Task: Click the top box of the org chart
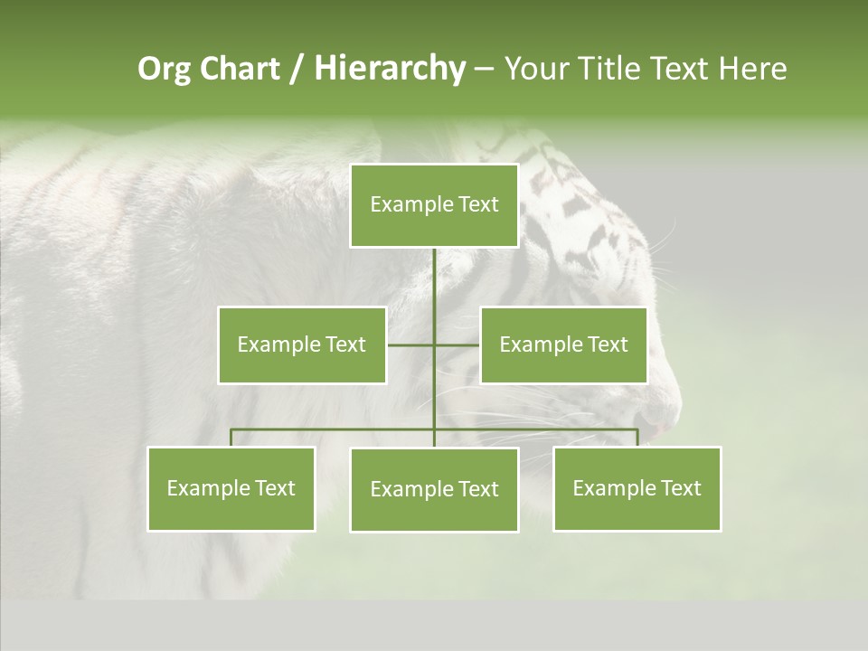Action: click(434, 205)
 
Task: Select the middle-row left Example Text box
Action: click(302, 344)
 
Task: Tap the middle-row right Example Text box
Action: click(563, 344)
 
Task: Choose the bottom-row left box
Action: click(231, 488)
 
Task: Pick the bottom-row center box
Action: click(434, 489)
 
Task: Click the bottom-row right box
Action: click(637, 488)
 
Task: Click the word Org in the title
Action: click(163, 69)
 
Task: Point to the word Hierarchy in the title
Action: click(389, 69)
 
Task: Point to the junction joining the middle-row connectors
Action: click(434, 344)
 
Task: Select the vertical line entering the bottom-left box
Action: click(231, 438)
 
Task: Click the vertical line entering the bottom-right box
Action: click(637, 438)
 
